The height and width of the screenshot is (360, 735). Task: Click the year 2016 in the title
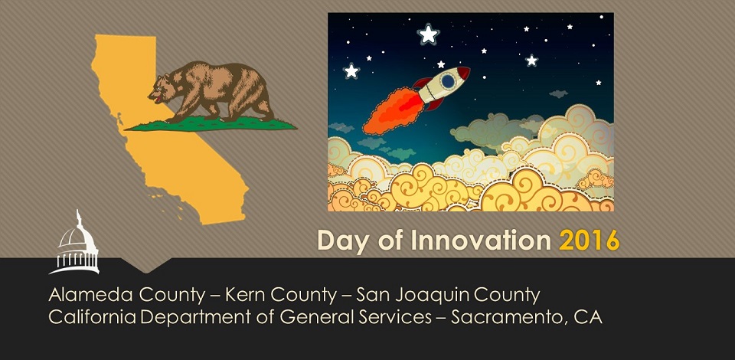(590, 240)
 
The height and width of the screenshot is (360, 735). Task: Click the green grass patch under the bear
(211, 124)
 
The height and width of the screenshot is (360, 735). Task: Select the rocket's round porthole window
(448, 81)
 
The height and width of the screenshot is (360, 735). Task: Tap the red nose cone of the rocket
(463, 73)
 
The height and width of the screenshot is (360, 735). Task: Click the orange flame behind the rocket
(393, 110)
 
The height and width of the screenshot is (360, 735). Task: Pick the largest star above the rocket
(428, 34)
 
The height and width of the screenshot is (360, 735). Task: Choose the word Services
(396, 317)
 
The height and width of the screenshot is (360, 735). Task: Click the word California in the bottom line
(93, 317)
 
